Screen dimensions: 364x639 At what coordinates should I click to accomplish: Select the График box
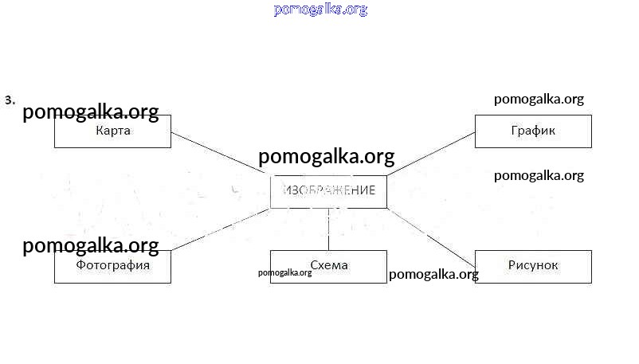tap(533, 131)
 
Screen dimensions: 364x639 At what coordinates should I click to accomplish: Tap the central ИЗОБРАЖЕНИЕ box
tap(328, 192)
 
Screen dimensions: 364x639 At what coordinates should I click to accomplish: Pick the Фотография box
tap(112, 266)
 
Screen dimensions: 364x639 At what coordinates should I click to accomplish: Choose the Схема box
tap(328, 266)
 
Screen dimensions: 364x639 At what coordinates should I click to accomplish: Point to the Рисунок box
tap(533, 266)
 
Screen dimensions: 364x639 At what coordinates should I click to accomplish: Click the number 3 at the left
tap(10, 100)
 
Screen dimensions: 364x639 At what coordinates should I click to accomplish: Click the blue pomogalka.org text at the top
tap(320, 10)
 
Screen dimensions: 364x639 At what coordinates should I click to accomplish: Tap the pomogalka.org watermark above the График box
tap(539, 100)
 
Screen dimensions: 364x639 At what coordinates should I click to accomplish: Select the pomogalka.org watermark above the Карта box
tap(91, 112)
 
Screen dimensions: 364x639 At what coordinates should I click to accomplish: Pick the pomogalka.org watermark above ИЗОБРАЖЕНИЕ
tap(327, 157)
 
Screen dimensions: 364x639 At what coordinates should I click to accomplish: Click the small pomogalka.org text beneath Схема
tap(284, 272)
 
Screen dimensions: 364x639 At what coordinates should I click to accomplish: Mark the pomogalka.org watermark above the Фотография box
tap(91, 246)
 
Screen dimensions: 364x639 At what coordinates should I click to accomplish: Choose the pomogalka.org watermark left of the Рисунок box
tap(433, 275)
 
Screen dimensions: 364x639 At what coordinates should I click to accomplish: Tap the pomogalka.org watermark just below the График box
tap(539, 176)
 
